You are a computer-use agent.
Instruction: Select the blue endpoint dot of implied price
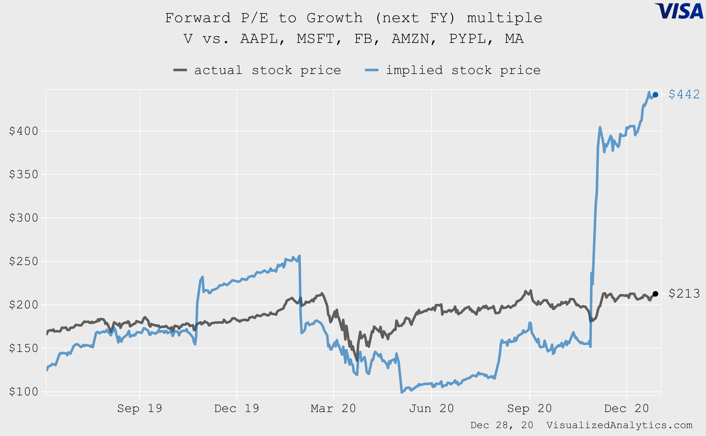pos(655,95)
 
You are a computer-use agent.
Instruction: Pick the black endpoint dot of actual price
pos(655,294)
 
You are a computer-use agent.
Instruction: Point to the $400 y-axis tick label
pos(24,131)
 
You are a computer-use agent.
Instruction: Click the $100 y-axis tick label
pos(24,392)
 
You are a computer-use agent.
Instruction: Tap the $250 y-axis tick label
pos(24,261)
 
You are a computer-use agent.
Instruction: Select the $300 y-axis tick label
pos(24,218)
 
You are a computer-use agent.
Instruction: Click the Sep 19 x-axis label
pos(140,408)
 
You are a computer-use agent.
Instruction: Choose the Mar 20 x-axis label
pos(333,408)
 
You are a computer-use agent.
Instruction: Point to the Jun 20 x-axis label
pos(431,408)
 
